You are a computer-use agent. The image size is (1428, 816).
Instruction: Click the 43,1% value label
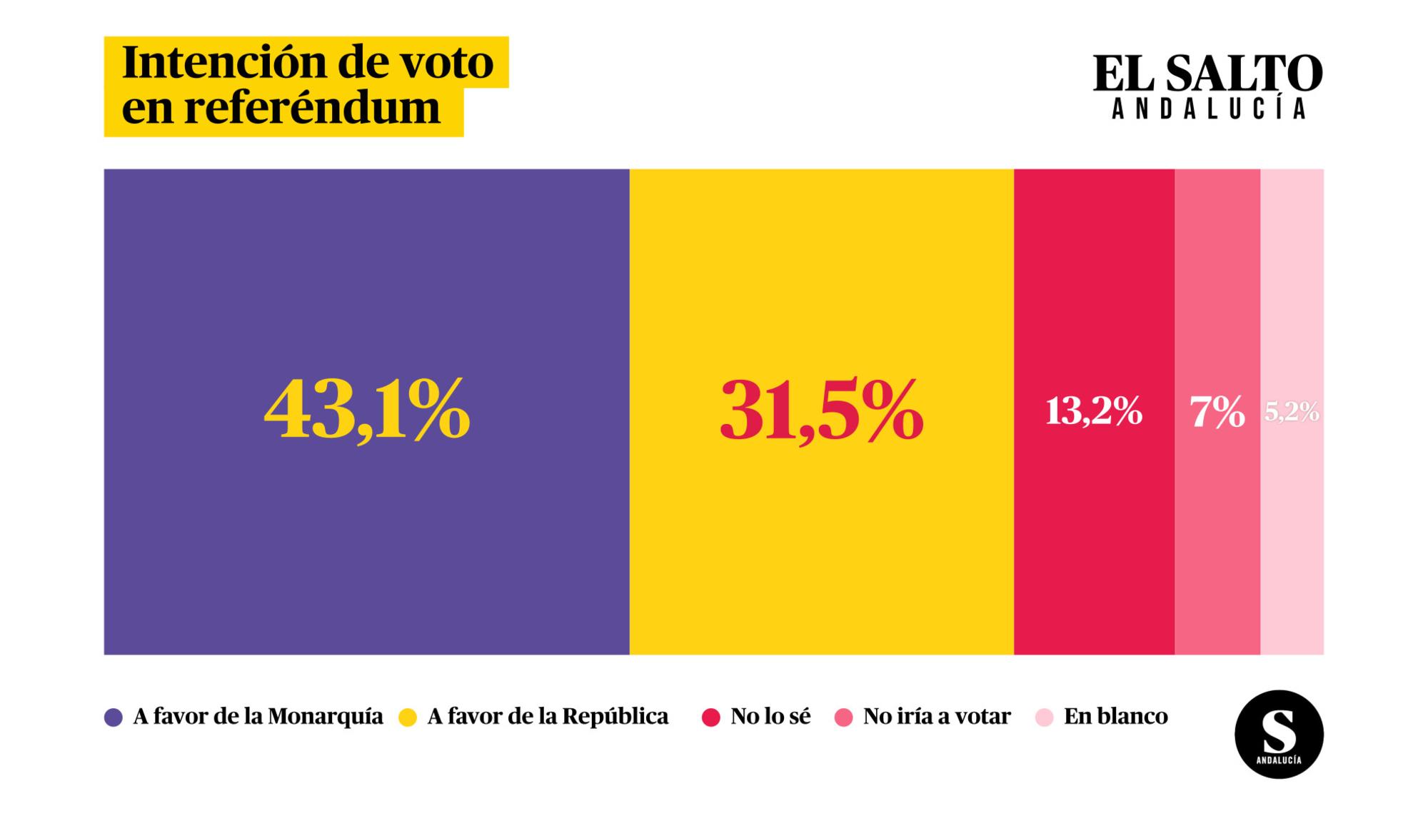(x=367, y=410)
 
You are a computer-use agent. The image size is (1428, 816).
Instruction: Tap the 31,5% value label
(x=821, y=410)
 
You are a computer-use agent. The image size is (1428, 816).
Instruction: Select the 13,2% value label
(x=1094, y=412)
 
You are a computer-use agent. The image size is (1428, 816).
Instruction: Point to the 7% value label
(x=1217, y=413)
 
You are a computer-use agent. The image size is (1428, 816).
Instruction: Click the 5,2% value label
(x=1292, y=412)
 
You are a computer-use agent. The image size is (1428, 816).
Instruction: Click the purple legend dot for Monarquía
(x=114, y=717)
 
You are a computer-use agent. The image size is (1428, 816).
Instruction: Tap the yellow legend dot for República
(x=408, y=717)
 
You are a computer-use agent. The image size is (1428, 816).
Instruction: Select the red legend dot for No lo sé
(x=710, y=717)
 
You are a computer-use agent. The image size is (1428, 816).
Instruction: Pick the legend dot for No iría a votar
(x=844, y=717)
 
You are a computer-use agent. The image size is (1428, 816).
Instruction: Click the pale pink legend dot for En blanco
(x=1045, y=717)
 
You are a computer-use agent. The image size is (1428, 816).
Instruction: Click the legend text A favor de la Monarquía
(x=258, y=717)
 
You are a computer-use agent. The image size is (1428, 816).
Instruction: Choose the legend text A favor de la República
(x=548, y=717)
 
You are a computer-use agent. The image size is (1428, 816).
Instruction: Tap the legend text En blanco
(x=1116, y=717)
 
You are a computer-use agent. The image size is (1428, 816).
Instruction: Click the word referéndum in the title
(x=312, y=109)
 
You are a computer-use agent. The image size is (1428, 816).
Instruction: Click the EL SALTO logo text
(x=1208, y=74)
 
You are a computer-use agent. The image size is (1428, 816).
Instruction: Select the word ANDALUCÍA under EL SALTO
(x=1210, y=109)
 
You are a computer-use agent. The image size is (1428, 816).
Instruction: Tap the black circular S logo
(x=1279, y=734)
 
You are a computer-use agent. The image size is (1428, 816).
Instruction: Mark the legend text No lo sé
(x=770, y=717)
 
